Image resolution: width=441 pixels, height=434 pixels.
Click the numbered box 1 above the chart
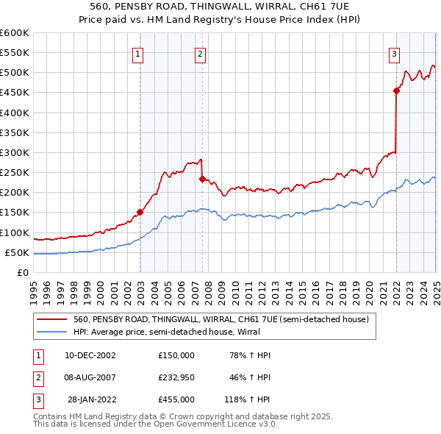[x=138, y=53]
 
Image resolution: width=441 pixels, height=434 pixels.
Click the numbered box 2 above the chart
[x=200, y=53]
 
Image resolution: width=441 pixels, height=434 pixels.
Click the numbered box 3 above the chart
[x=395, y=53]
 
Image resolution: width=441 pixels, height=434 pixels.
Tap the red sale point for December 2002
[x=140, y=212]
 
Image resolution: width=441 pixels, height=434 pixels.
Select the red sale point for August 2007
[x=201, y=179]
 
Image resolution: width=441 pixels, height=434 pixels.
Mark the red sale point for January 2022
[x=396, y=90]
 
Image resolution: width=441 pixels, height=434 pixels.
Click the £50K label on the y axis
[x=17, y=252]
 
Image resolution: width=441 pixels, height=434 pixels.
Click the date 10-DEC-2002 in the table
[x=90, y=355]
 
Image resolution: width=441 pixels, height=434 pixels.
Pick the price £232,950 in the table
[x=176, y=377]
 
